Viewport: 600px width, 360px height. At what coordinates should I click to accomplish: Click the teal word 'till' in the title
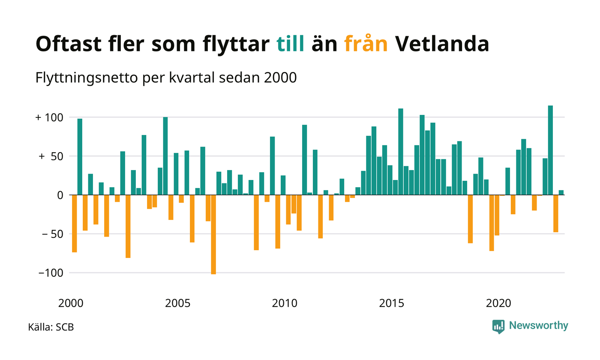tap(291, 44)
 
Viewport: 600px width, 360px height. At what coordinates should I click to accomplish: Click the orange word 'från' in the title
tap(366, 43)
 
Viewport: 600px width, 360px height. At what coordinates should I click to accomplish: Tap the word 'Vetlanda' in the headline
tap(442, 44)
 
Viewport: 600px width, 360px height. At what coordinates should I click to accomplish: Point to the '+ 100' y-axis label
tap(49, 117)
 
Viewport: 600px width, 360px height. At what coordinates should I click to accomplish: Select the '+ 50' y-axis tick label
tap(51, 156)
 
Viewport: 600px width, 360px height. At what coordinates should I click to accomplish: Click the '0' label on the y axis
tap(60, 195)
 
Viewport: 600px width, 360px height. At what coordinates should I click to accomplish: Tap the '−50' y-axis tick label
tap(53, 234)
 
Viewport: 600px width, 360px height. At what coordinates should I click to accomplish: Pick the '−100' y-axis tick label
tap(51, 273)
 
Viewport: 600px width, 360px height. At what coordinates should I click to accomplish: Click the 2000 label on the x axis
tap(71, 303)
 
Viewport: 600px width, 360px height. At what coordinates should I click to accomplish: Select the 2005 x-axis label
tap(177, 303)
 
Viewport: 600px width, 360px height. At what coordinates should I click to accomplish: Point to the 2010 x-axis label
tap(285, 303)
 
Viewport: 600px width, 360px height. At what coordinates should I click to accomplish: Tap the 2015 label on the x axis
tap(391, 303)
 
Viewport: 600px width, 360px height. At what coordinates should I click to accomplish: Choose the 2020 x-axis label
tap(498, 303)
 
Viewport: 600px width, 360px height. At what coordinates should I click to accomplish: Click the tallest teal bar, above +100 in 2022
tap(550, 150)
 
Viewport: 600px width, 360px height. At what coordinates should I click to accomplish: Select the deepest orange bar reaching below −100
tap(213, 235)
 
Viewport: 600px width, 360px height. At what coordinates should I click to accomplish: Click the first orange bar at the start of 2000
tap(75, 224)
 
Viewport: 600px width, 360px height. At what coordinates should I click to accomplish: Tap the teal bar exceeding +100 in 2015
tap(401, 152)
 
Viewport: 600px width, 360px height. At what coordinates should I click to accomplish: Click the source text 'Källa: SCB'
tap(51, 327)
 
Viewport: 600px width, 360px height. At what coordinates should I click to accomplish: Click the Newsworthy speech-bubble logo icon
tap(498, 327)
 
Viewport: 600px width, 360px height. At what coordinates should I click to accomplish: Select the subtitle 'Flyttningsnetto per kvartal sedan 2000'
tap(166, 78)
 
